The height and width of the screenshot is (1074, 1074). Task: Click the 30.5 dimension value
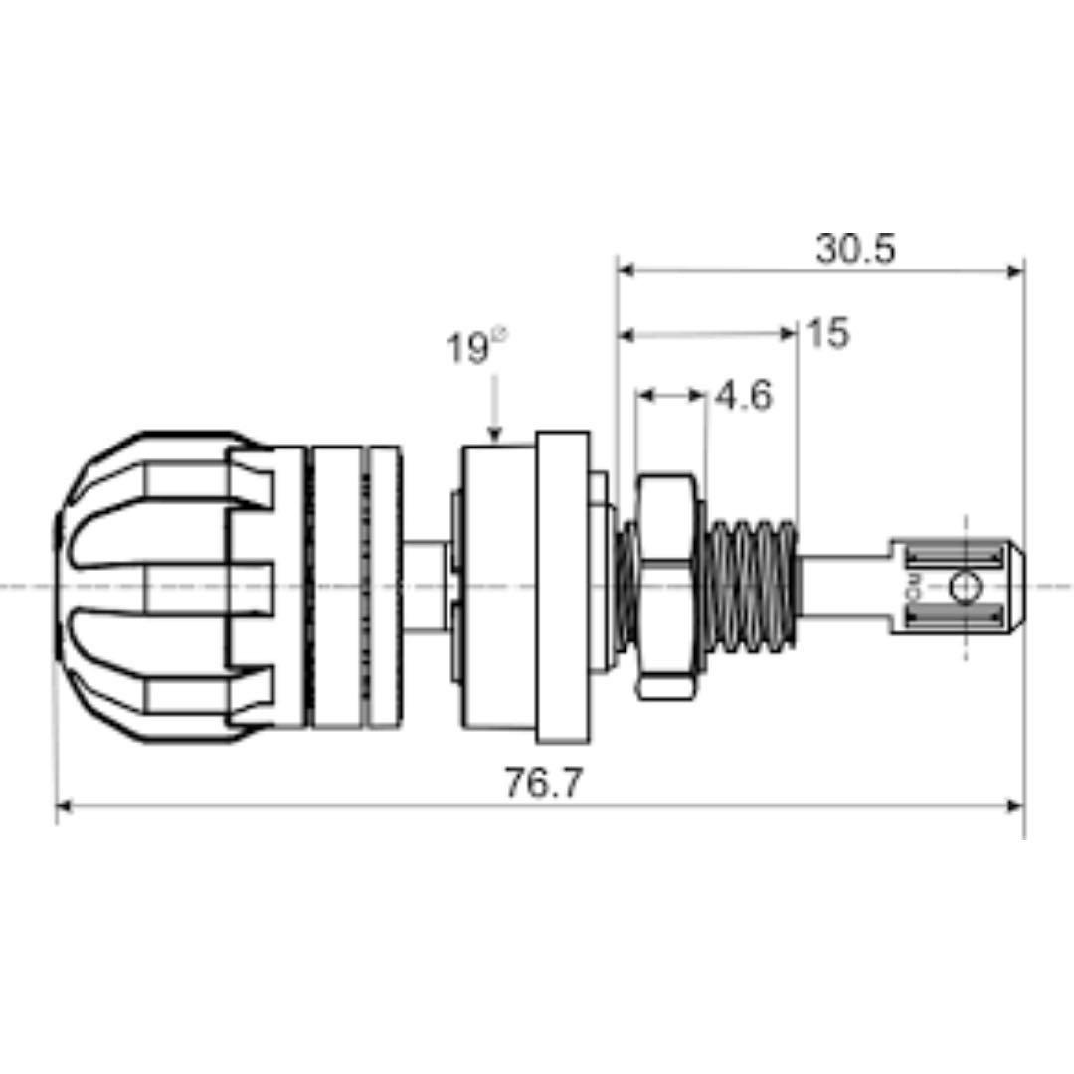[855, 249]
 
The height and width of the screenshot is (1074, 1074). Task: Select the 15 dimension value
[827, 334]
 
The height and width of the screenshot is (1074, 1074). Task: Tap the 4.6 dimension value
[743, 396]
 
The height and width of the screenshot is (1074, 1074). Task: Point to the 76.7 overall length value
[542, 783]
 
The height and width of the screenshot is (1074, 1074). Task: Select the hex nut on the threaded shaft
[666, 586]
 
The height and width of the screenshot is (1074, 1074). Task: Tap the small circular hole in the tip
[963, 587]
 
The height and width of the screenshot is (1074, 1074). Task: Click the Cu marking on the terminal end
[913, 587]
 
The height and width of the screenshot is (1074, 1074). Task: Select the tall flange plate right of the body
[562, 587]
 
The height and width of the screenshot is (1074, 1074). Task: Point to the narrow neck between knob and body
[425, 586]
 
